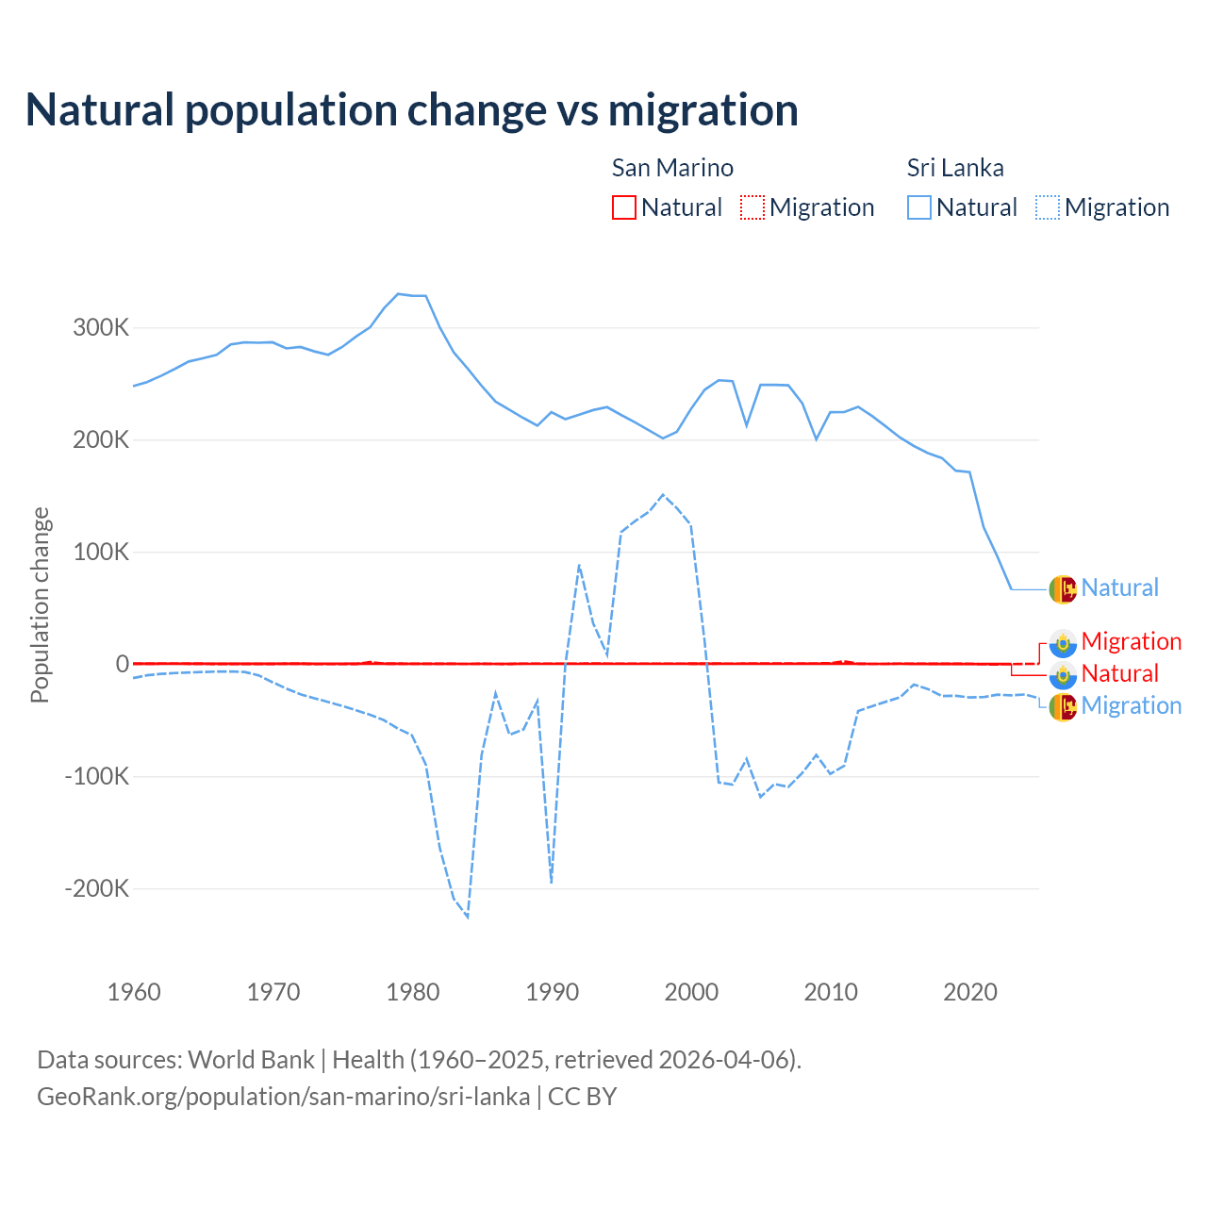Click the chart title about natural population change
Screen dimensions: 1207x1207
click(x=412, y=110)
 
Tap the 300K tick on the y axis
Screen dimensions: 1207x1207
click(x=101, y=328)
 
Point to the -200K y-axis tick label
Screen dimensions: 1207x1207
click(x=97, y=888)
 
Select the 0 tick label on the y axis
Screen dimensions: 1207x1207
click(x=122, y=664)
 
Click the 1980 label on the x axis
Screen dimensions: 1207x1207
click(x=413, y=992)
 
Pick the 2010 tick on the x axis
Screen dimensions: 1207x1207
click(x=831, y=992)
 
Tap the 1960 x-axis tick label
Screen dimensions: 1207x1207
click(x=135, y=992)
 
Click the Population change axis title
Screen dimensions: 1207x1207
click(x=40, y=605)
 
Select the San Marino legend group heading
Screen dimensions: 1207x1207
click(x=672, y=168)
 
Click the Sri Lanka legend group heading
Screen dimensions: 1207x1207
click(x=955, y=168)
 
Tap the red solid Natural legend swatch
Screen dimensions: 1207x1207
click(x=624, y=207)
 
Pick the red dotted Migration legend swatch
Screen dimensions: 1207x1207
click(x=752, y=207)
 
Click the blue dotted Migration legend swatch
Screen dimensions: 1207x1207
click(x=1048, y=207)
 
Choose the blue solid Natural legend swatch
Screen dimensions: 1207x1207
click(x=919, y=207)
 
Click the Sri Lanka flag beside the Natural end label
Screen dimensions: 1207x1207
click(x=1063, y=588)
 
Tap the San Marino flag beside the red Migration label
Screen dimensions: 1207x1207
click(x=1063, y=642)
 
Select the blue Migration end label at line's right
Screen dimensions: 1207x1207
click(x=1132, y=705)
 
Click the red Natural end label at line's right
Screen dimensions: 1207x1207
click(x=1120, y=673)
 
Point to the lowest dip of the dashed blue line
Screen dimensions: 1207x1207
click(x=468, y=917)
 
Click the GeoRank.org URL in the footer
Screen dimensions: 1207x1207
click(x=283, y=1097)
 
